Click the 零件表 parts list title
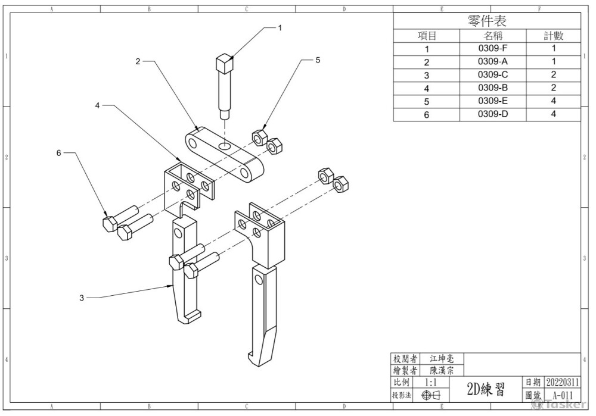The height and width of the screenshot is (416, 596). click(x=487, y=21)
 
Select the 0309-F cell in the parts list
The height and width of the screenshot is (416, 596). click(x=492, y=49)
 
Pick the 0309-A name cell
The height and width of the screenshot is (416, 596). click(x=492, y=62)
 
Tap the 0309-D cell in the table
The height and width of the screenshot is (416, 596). click(x=492, y=114)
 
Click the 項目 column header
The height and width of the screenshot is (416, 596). click(x=427, y=36)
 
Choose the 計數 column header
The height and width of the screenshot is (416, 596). click(x=554, y=36)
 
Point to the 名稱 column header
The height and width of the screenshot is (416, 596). click(x=492, y=36)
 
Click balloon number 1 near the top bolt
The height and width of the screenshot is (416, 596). click(x=280, y=27)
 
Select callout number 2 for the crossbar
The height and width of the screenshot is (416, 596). click(x=138, y=61)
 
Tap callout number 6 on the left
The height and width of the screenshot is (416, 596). click(x=58, y=153)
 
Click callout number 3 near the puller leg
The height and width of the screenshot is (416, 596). click(x=82, y=298)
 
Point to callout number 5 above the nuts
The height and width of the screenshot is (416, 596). click(x=318, y=60)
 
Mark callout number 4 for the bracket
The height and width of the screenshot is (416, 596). click(x=97, y=105)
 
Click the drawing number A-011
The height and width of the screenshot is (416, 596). click(x=562, y=395)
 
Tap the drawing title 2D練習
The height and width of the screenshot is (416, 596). click(x=486, y=389)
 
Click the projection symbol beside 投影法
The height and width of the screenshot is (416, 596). click(x=430, y=395)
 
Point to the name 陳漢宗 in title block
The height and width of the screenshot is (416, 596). click(x=442, y=370)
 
